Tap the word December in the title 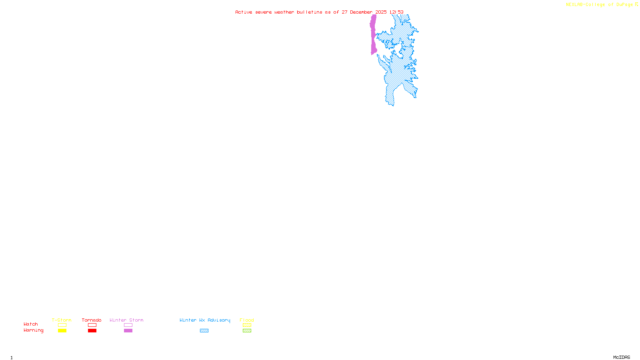click(x=361, y=12)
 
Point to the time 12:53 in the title click(x=396, y=12)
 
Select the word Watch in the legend click(x=31, y=324)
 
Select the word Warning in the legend click(x=33, y=330)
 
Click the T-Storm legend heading click(x=62, y=320)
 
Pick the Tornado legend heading click(x=92, y=320)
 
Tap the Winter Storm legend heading click(x=126, y=320)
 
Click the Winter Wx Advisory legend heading click(x=205, y=320)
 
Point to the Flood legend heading click(x=247, y=320)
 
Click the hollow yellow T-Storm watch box click(x=62, y=325)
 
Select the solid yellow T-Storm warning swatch click(x=62, y=331)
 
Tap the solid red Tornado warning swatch click(x=92, y=331)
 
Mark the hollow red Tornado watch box click(x=92, y=325)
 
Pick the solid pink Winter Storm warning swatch click(x=128, y=331)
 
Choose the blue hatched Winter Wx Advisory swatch click(x=204, y=331)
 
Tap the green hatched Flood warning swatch click(x=247, y=331)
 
